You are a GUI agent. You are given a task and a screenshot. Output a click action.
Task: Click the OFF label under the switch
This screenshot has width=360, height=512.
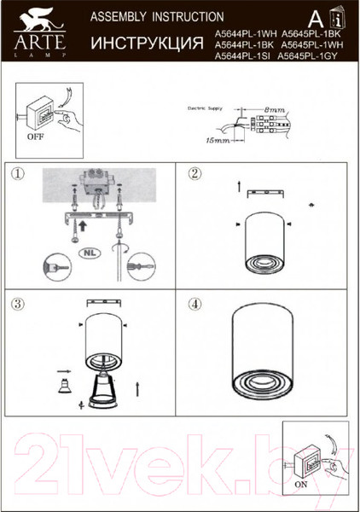[35, 135]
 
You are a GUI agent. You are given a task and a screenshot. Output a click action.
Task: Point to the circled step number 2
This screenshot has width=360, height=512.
[195, 174]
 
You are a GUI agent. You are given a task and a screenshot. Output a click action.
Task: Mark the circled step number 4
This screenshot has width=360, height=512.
[195, 303]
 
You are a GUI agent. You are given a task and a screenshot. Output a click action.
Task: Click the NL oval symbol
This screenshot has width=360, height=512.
[89, 253]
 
